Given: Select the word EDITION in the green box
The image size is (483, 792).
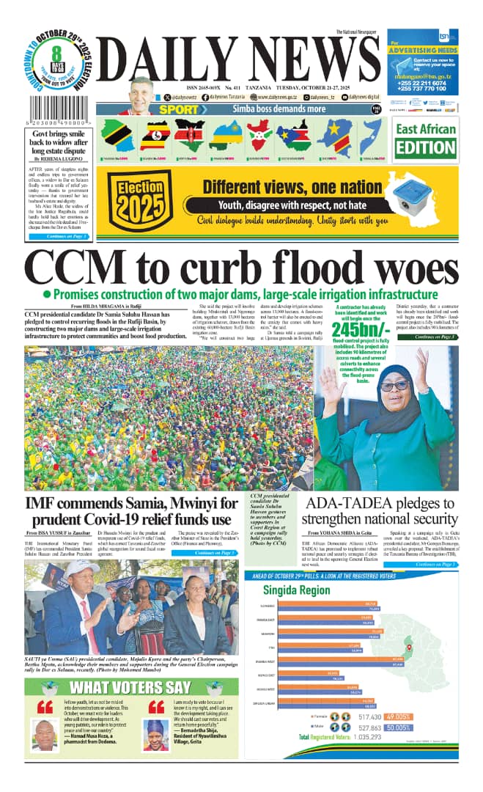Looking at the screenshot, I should click(x=425, y=147).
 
